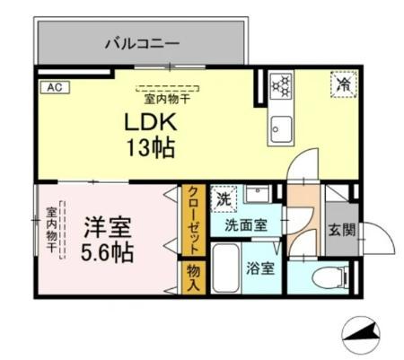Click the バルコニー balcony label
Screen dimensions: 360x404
pos(141,41)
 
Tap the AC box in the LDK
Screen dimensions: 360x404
pos(53,88)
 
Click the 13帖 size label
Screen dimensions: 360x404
pos(148,147)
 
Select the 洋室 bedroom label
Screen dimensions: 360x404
pos(106,224)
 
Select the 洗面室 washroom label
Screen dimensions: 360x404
pos(244,227)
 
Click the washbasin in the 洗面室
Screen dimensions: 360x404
pos(259,196)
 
